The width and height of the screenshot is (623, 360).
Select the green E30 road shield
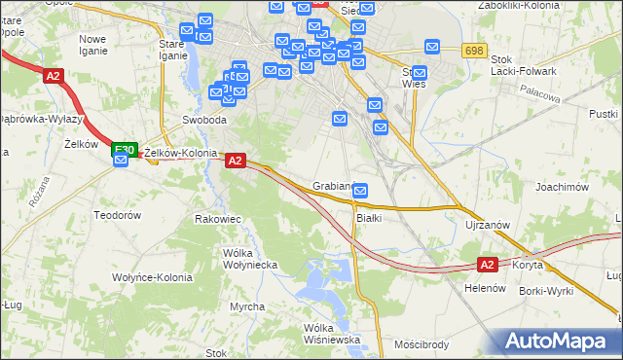point(123,150)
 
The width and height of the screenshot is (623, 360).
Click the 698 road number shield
point(474,51)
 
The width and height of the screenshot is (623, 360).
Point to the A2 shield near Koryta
point(489,264)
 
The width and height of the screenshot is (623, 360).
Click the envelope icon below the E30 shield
point(121,162)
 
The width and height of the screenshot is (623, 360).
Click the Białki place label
point(368,218)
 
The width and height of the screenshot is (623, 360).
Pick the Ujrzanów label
point(488,225)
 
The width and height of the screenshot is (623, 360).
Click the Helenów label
point(482,288)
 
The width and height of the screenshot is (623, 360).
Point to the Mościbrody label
point(421,344)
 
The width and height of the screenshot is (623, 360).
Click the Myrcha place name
point(247,306)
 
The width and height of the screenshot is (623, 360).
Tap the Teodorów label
point(118,214)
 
